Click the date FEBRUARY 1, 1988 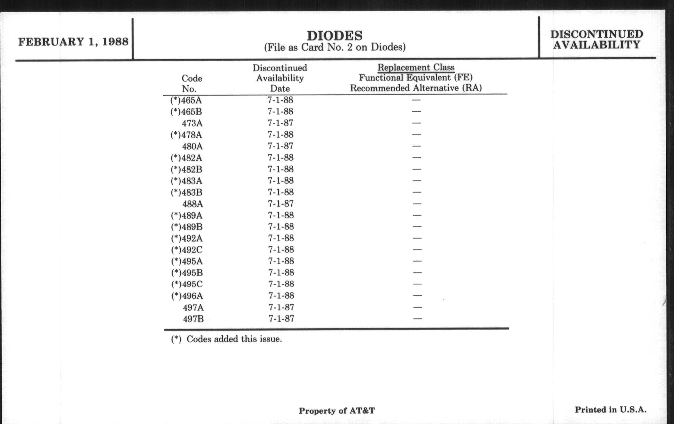[73, 42]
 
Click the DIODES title [335, 36]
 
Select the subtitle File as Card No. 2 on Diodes [335, 47]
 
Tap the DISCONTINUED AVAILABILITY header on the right [596, 39]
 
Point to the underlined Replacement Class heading [416, 67]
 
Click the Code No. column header [192, 83]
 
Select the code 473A [192, 123]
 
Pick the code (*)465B [186, 112]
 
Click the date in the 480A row [280, 146]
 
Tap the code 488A [193, 204]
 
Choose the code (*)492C [187, 250]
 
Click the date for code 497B [281, 319]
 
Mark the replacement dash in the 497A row [417, 307]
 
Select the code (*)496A [187, 296]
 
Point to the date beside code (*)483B [280, 192]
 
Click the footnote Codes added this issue [226, 339]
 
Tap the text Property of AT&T [337, 411]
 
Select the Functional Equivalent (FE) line [416, 78]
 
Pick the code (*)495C [187, 284]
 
